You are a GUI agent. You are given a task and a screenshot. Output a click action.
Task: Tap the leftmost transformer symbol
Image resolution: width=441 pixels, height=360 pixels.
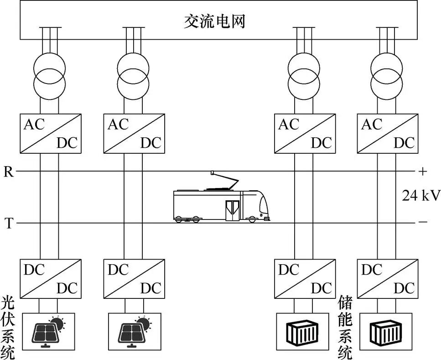click(49, 75)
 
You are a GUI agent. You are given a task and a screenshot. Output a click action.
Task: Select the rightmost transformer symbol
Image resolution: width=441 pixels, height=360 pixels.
click(387, 75)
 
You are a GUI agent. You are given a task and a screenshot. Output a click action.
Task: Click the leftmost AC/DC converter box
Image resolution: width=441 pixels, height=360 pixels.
click(49, 133)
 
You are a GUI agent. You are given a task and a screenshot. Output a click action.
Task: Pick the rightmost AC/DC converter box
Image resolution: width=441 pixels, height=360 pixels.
click(387, 133)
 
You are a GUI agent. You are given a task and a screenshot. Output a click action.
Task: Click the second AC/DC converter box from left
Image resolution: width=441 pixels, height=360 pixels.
click(133, 133)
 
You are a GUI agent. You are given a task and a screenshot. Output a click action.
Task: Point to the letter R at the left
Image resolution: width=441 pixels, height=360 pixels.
click(8, 172)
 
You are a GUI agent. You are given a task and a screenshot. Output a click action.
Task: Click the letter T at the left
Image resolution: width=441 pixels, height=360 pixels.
click(8, 223)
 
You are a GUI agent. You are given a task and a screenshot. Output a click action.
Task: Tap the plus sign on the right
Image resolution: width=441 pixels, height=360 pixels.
click(422, 172)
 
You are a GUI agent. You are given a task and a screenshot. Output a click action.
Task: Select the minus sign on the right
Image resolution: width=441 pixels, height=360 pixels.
click(422, 223)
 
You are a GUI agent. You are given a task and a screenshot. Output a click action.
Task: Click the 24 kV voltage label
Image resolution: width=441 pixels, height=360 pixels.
click(420, 196)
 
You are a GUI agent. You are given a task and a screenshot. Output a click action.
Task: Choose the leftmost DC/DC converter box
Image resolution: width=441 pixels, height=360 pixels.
click(49, 278)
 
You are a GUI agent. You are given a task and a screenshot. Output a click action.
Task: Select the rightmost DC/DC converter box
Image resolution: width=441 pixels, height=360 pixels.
click(387, 278)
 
